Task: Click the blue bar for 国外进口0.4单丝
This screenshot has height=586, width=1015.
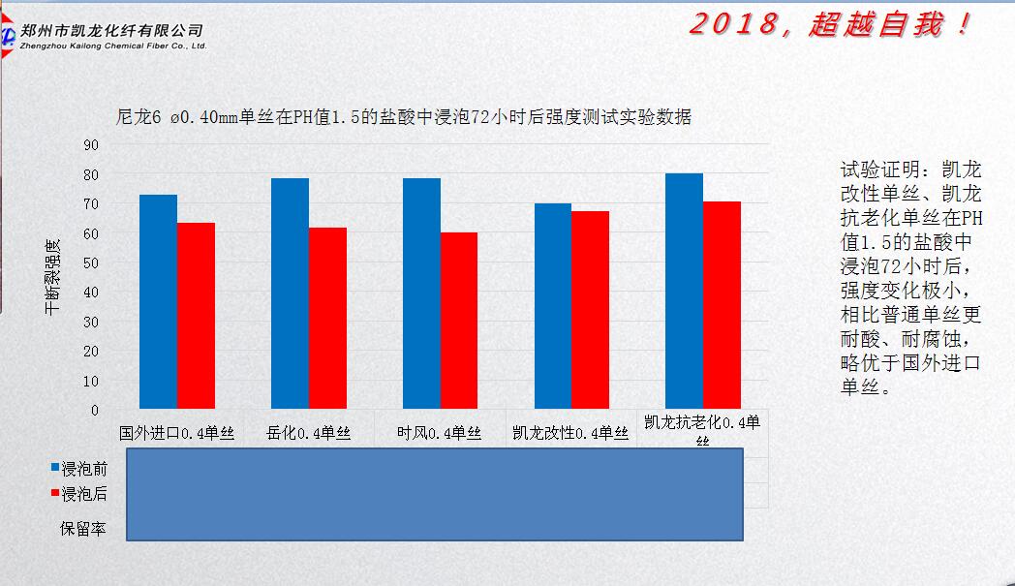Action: tap(158, 301)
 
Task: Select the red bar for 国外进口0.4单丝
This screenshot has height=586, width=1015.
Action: tap(196, 316)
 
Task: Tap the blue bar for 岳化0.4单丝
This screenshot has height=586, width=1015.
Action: tap(290, 293)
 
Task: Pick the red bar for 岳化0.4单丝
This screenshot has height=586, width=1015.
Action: tap(327, 318)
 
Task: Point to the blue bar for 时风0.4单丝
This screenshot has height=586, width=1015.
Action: tap(421, 293)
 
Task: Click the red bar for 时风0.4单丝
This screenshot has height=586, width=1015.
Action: tap(459, 321)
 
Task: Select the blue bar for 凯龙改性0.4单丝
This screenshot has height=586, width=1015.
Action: tap(553, 306)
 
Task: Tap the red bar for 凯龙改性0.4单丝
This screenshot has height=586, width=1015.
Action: tap(591, 310)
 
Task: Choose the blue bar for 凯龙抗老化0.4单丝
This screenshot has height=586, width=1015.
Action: tap(685, 291)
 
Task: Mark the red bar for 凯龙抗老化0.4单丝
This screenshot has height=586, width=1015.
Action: tap(722, 305)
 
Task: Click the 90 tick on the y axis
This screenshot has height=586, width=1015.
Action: tap(91, 145)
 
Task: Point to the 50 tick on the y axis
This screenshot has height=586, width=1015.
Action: tap(91, 262)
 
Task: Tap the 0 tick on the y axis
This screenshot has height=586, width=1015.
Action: tap(95, 410)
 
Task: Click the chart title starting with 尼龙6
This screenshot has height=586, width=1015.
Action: tap(403, 117)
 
